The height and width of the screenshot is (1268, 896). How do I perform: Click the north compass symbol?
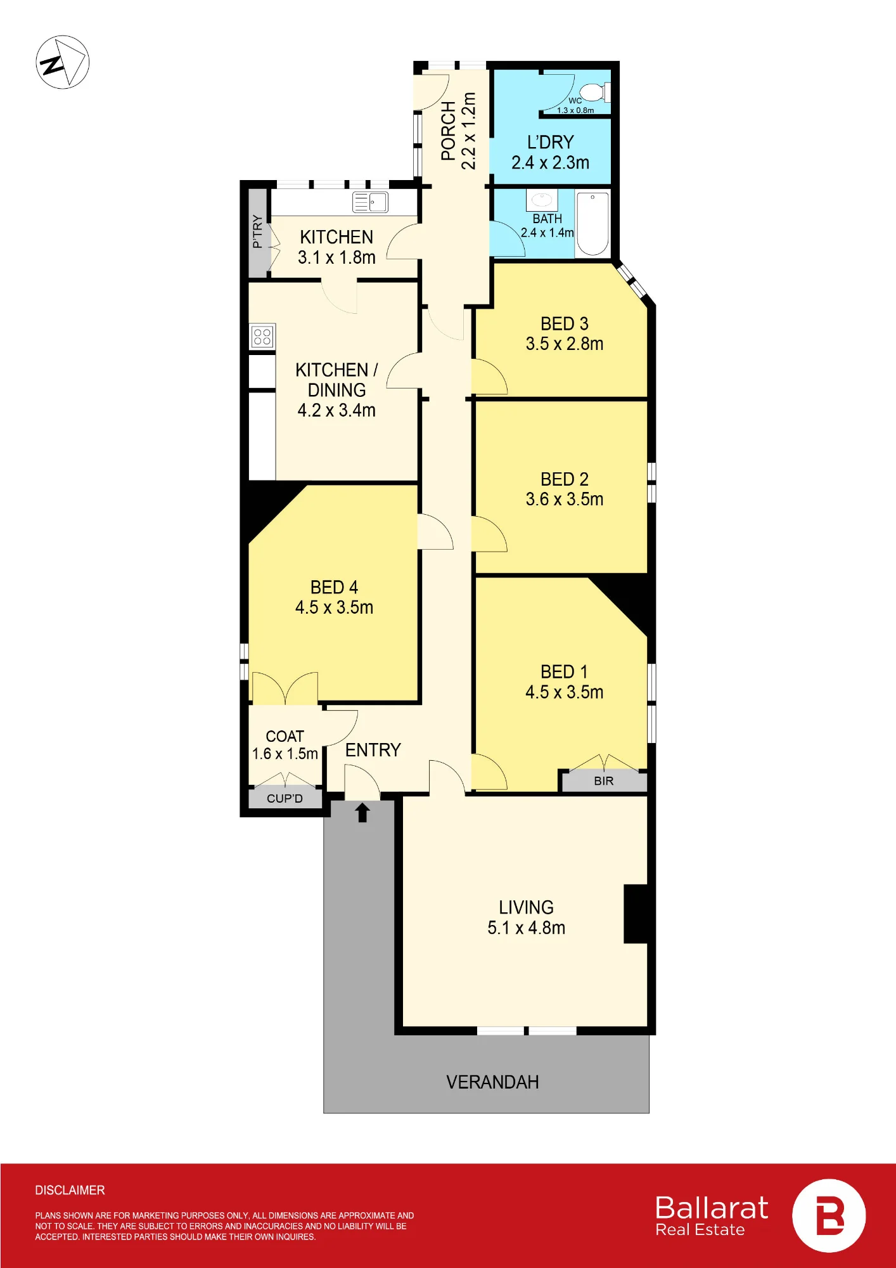coord(62,62)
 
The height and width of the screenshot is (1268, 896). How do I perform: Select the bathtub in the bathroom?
coord(592,224)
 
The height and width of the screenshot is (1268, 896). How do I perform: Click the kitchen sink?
coord(370,202)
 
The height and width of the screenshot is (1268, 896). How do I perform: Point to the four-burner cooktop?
coord(262,337)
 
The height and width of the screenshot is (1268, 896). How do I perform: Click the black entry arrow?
coord(362,812)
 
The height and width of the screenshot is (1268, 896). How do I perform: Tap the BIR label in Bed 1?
coord(604,781)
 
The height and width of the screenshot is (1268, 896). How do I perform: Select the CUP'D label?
coord(285,798)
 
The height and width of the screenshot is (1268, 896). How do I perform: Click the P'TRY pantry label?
coord(257,231)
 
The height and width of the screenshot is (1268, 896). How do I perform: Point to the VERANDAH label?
coord(492,1082)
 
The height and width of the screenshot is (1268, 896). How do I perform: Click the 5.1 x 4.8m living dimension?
coord(526,928)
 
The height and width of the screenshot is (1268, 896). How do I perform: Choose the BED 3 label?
coord(565,324)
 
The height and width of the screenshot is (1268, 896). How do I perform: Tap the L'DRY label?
coord(551,142)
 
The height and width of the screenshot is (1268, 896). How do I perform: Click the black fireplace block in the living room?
coord(636,914)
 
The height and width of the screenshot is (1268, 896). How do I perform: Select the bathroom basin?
coord(542,200)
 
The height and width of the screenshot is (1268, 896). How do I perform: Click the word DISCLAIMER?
coord(70,1191)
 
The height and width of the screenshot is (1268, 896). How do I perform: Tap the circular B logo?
coord(829,1216)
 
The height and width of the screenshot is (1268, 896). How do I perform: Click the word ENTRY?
coord(373,750)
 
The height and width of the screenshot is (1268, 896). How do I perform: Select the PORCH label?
coord(449,131)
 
